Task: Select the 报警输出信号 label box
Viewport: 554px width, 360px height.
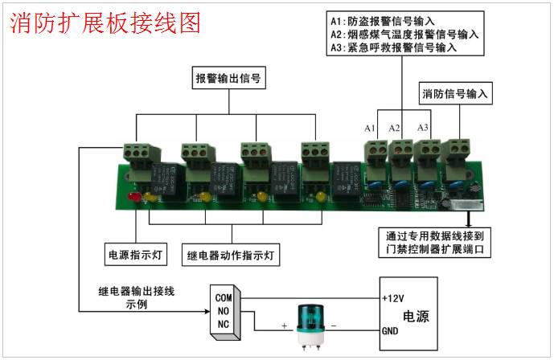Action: click(x=230, y=79)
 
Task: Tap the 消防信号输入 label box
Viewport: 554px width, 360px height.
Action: click(x=456, y=94)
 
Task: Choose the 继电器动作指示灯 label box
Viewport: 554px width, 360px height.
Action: click(x=230, y=256)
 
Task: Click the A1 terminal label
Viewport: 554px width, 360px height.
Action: click(x=370, y=129)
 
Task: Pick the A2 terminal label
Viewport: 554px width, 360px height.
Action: click(x=395, y=129)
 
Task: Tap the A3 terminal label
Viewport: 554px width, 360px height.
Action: click(x=423, y=129)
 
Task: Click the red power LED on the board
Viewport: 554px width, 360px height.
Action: click(x=133, y=197)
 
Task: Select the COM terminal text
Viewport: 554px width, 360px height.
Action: click(x=224, y=297)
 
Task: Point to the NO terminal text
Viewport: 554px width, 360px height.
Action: click(x=223, y=311)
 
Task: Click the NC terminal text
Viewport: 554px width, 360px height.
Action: click(x=223, y=324)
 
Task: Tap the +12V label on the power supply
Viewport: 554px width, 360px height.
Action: click(x=394, y=298)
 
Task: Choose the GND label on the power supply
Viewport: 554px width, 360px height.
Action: click(x=392, y=330)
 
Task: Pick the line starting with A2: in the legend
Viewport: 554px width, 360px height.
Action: click(x=404, y=35)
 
